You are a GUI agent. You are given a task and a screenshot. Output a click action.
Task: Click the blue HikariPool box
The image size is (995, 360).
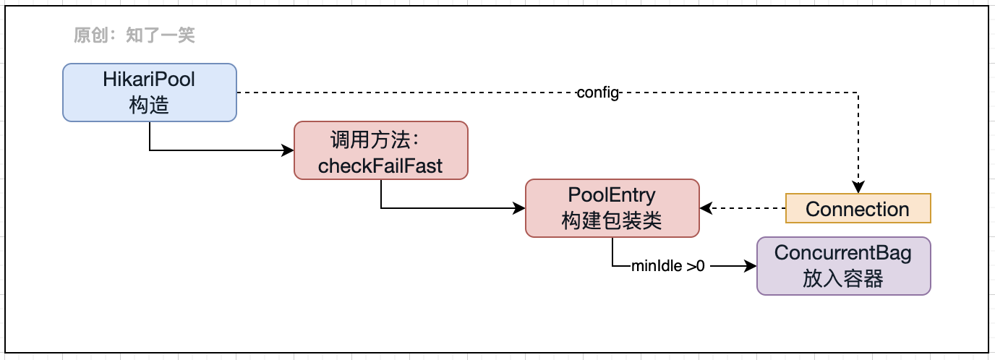point(149,92)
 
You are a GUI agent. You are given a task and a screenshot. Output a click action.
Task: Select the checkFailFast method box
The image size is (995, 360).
point(380,150)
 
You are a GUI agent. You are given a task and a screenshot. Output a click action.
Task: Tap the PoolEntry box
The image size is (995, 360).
point(612,207)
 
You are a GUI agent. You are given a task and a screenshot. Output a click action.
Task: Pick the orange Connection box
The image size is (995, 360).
point(858,208)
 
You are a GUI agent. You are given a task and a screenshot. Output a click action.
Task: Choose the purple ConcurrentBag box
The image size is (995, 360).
point(843,265)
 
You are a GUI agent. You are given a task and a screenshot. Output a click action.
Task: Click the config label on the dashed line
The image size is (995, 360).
point(599,93)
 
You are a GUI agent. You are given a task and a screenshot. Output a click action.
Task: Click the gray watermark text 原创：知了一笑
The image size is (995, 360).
point(134,35)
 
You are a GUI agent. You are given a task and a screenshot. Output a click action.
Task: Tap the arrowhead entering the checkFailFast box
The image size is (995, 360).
point(289,150)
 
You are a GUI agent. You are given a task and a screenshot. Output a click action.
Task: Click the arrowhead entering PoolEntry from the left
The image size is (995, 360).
point(520,208)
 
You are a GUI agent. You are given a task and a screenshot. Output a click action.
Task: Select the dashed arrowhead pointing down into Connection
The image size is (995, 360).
point(858,188)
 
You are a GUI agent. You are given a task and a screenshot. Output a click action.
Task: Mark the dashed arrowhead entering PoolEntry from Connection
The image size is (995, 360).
point(706,208)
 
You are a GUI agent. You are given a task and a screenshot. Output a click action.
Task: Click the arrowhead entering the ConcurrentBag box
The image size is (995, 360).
point(751,266)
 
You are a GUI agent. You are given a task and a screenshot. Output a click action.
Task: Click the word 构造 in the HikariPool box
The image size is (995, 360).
point(149,105)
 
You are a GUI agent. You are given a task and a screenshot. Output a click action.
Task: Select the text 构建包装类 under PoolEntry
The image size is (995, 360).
point(612,220)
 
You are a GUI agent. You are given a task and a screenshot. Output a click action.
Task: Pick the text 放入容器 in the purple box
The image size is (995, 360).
point(843,278)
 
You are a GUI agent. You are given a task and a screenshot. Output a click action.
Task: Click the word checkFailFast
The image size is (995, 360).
point(380,166)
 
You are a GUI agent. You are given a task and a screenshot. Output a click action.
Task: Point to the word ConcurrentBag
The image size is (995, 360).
point(843,253)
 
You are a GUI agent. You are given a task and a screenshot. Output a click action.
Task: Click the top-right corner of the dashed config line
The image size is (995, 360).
point(858,93)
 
